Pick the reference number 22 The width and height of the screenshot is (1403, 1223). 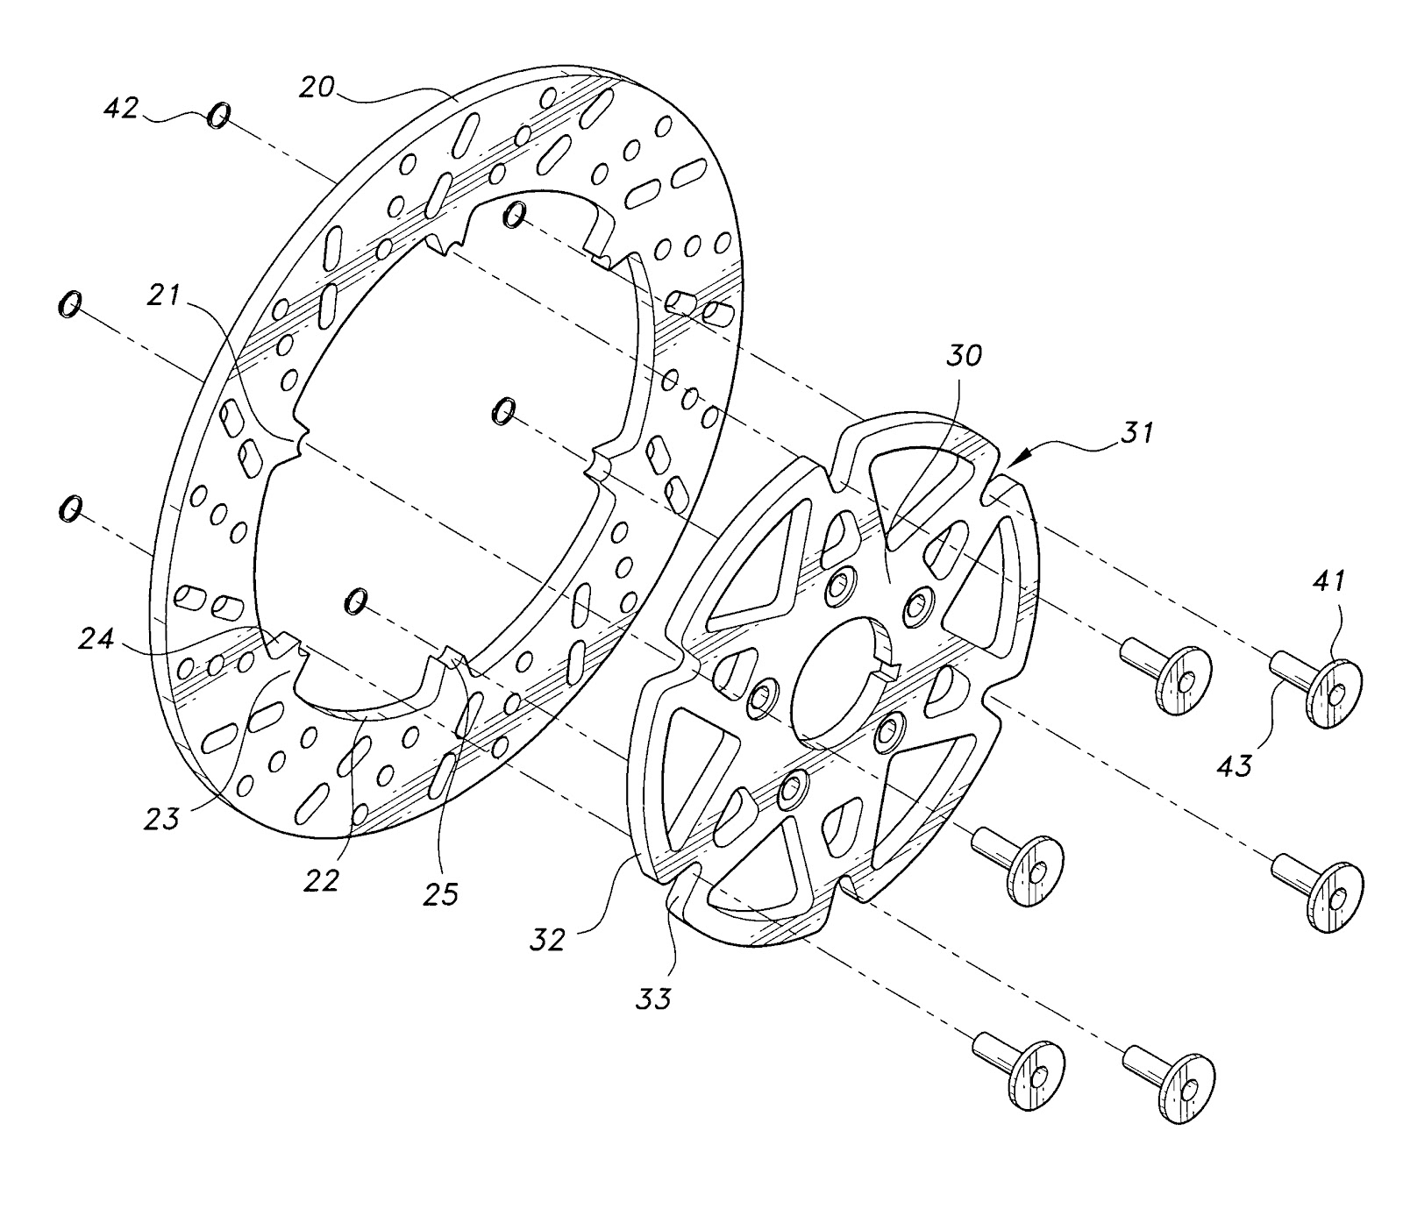[321, 879]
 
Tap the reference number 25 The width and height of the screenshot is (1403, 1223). [441, 895]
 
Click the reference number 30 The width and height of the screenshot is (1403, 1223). [964, 355]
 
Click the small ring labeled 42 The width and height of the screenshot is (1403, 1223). [218, 115]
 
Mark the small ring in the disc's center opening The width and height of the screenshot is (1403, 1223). [503, 410]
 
